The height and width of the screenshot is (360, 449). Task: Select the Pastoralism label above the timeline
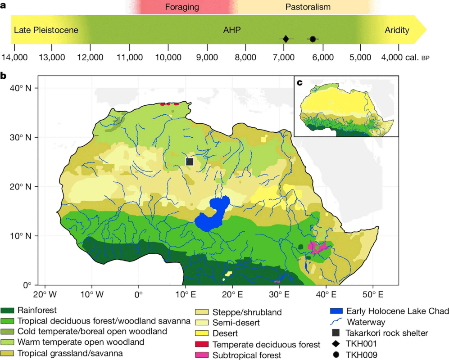[x=308, y=7]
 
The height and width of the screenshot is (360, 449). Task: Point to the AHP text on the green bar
[x=232, y=31]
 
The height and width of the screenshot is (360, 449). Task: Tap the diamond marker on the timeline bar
[x=285, y=39]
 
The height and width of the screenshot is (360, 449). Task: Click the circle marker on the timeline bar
[x=313, y=39]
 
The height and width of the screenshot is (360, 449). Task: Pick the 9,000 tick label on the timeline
[x=207, y=58]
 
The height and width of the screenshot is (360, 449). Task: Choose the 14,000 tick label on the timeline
[x=14, y=58]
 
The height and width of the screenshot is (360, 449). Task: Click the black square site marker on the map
[x=190, y=161]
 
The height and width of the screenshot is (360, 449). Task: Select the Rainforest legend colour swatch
[x=8, y=310]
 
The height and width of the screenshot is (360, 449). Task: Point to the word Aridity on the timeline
[x=397, y=31]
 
